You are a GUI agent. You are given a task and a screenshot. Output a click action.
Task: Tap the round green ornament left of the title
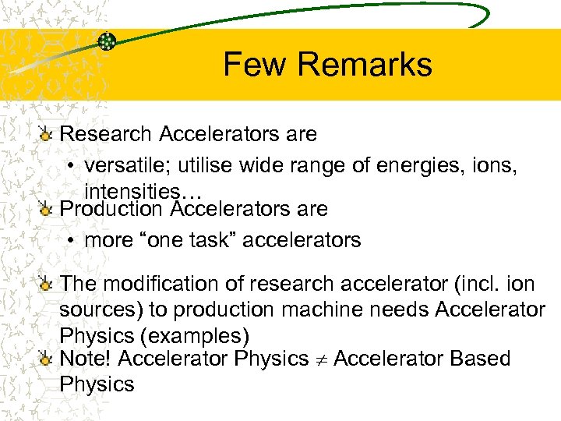tap(108, 41)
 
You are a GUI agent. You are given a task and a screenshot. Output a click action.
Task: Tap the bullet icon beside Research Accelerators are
tap(47, 135)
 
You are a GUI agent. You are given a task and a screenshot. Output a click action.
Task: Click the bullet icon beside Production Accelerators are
tap(47, 210)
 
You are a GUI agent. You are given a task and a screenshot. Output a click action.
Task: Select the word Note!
tap(88, 359)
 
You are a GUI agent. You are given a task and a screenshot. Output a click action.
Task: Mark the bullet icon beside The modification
tap(47, 285)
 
